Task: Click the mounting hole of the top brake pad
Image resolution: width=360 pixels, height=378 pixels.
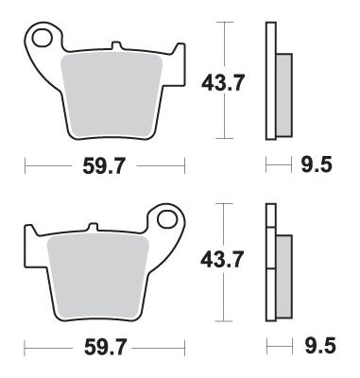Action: [x=42, y=38]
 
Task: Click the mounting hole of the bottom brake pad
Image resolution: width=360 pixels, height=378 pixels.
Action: [x=166, y=219]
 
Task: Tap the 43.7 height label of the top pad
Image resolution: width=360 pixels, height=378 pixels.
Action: [x=223, y=82]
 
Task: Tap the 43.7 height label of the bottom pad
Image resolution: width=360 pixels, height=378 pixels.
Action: [x=222, y=260]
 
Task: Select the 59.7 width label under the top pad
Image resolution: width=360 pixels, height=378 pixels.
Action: [x=104, y=165]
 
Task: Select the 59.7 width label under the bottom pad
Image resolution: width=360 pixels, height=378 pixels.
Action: [x=105, y=348]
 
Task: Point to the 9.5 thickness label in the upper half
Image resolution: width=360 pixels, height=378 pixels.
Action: [x=317, y=164]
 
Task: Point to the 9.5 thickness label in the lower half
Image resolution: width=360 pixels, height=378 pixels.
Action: [x=320, y=346]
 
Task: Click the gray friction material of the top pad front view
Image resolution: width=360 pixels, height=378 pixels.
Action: [x=111, y=94]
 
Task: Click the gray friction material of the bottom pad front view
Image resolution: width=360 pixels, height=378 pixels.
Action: [x=97, y=276]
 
